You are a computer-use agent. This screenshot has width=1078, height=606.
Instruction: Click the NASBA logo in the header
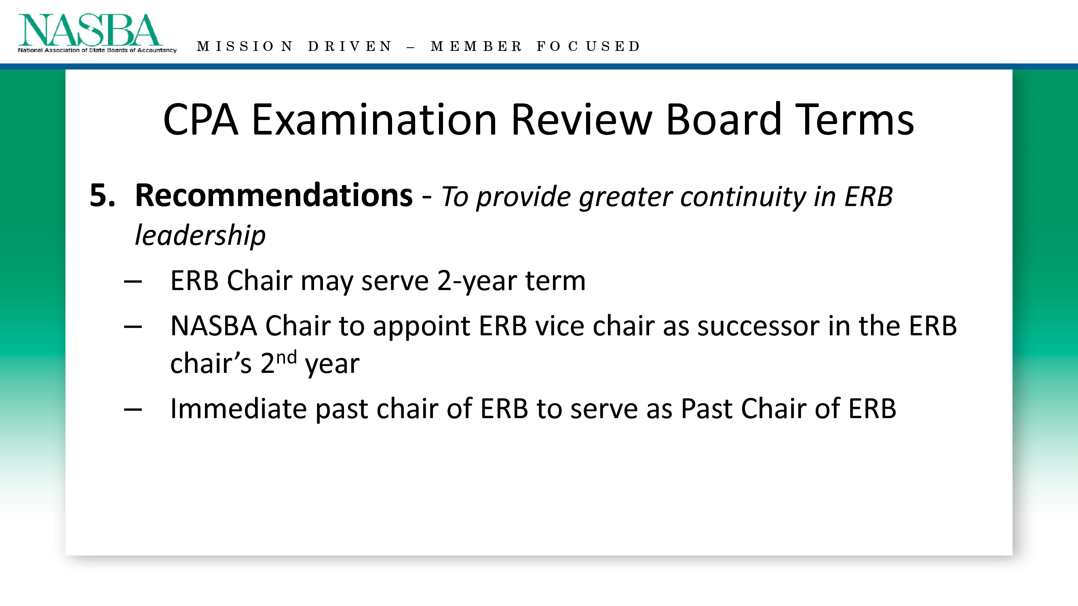(97, 34)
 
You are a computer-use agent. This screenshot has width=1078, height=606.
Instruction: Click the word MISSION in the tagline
(245, 46)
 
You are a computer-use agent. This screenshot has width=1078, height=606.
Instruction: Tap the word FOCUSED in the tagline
(589, 46)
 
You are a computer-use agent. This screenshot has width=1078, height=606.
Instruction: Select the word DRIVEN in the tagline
(350, 46)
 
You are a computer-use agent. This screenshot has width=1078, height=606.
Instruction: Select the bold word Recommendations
(274, 195)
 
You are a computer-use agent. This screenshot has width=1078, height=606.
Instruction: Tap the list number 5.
(102, 195)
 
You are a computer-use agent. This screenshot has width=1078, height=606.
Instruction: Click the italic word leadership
(200, 235)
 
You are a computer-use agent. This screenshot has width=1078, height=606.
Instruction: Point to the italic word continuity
(743, 196)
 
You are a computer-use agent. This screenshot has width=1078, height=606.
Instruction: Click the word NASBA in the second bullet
(213, 326)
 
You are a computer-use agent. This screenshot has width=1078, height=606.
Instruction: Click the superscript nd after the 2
(286, 358)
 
